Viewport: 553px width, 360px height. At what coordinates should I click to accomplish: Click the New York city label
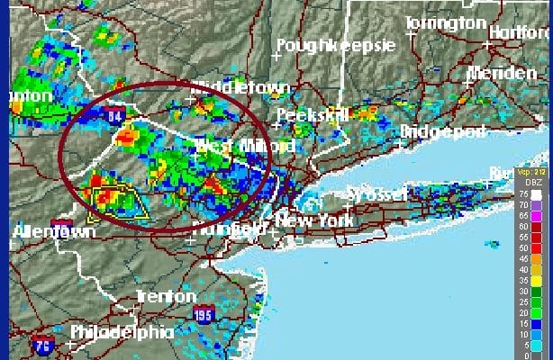(x=312, y=220)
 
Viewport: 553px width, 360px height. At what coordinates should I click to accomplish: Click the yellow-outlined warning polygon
(x=118, y=203)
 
